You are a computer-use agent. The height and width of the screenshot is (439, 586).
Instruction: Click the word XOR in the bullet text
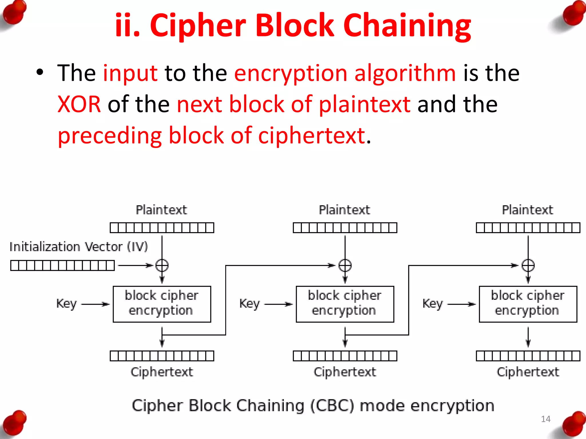point(79,104)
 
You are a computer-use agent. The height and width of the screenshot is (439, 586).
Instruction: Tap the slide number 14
point(546,419)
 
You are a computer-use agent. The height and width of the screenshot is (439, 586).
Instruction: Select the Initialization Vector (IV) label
point(79,247)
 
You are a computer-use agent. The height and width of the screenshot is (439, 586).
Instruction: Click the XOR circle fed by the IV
point(162,266)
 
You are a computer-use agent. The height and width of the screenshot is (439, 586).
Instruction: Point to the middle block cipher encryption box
point(345,304)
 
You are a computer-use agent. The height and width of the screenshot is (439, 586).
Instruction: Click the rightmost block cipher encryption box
point(528,304)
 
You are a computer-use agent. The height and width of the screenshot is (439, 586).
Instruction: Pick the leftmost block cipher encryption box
point(162,304)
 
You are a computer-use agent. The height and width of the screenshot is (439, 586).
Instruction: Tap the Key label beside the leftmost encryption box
point(66,304)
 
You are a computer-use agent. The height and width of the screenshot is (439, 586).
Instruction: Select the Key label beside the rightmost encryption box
point(433,304)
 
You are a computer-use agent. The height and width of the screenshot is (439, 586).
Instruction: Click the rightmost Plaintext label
point(528,210)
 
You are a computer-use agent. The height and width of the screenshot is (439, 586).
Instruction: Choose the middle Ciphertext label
point(345,372)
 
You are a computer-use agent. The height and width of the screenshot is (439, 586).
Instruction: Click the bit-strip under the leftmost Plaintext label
point(162,228)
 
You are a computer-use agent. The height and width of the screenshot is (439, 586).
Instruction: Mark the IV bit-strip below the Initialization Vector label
point(62,266)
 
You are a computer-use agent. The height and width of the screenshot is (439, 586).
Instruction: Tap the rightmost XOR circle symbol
point(528,266)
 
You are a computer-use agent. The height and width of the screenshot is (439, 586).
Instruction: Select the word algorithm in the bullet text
point(405,73)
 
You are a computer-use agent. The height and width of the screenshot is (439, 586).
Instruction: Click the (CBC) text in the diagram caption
point(332,406)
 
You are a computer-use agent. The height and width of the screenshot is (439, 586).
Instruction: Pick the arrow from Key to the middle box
point(278,304)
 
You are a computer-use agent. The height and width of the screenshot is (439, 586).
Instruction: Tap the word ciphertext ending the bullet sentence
point(312,135)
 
